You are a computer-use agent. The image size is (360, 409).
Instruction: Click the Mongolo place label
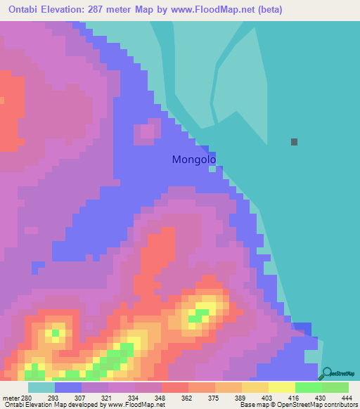click(x=193, y=160)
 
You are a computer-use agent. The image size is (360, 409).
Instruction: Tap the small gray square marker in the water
click(x=294, y=141)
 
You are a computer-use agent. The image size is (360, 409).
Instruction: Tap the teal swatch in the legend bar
click(x=41, y=387)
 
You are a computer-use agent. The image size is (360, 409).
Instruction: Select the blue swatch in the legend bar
click(x=67, y=387)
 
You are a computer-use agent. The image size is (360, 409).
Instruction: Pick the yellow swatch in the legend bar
click(x=281, y=387)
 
